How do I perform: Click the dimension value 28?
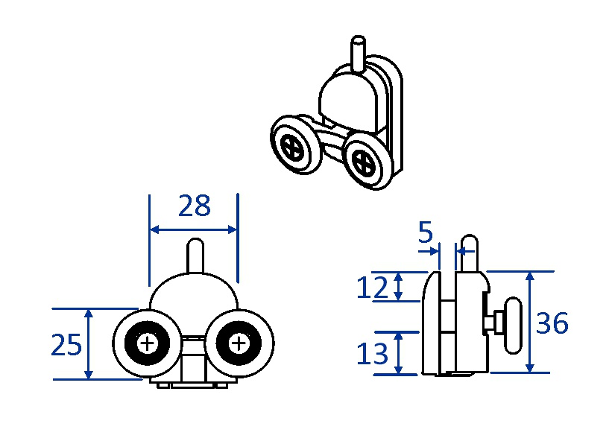[195, 206]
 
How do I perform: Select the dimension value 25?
[66, 345]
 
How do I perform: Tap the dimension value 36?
[552, 323]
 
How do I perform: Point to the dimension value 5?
[425, 233]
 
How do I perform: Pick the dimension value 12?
[373, 287]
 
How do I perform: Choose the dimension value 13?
[373, 353]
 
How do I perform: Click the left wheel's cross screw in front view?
[148, 343]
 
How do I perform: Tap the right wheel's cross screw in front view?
[239, 343]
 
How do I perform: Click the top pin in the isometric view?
[359, 52]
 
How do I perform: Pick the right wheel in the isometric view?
[367, 159]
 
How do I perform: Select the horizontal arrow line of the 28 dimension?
[194, 229]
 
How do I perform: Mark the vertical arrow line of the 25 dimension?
[89, 344]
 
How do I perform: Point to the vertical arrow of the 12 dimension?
[400, 286]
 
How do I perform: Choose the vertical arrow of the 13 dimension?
[400, 353]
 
